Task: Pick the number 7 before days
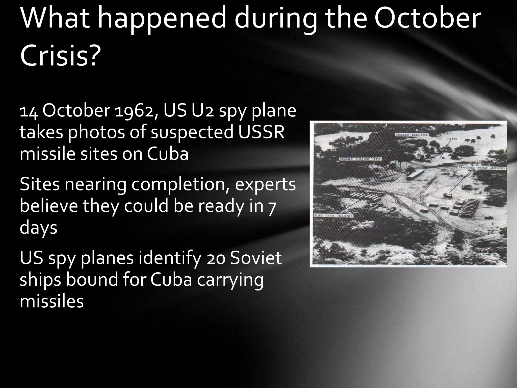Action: [271, 206]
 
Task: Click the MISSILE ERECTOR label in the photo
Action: [411, 135]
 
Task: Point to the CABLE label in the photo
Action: [452, 139]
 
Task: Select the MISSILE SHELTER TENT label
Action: [360, 159]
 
